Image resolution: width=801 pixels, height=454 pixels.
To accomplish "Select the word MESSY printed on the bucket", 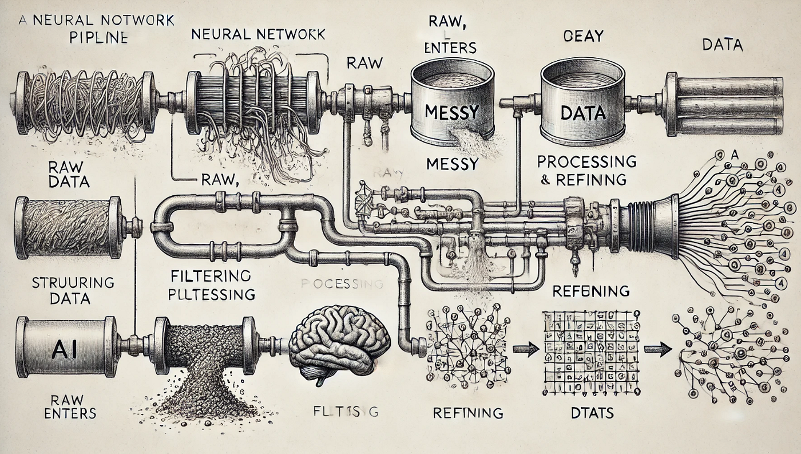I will [452, 112].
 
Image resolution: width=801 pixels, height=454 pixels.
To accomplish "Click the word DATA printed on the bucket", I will [574, 113].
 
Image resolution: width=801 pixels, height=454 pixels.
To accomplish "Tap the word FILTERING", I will [211, 276].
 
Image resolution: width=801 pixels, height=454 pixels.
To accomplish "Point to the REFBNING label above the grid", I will [591, 290].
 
